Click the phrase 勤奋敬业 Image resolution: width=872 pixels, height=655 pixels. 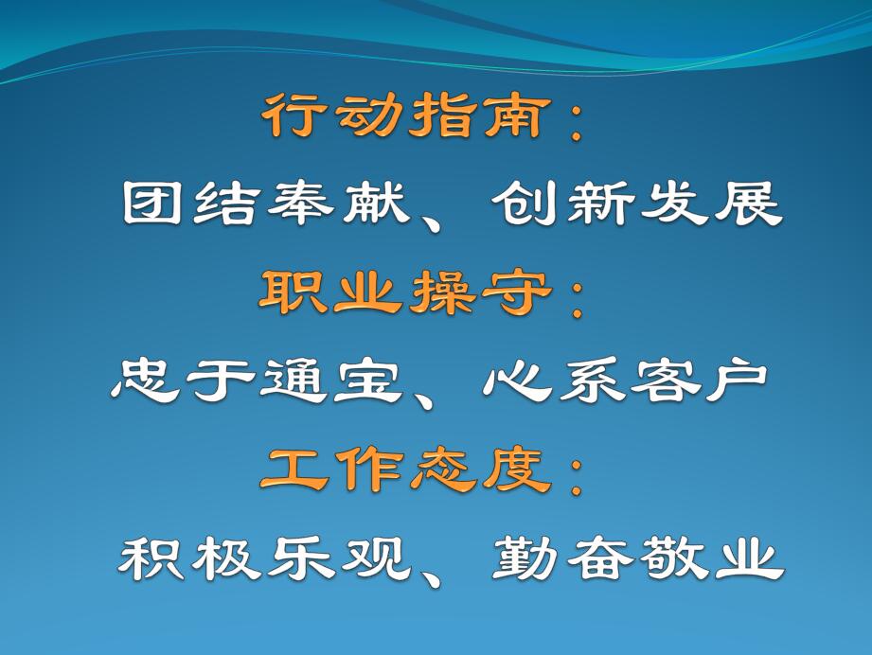pyautogui.click(x=639, y=558)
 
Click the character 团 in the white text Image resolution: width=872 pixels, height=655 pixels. pyautogui.click(x=151, y=203)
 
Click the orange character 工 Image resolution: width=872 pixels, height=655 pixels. pyautogui.click(x=294, y=469)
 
